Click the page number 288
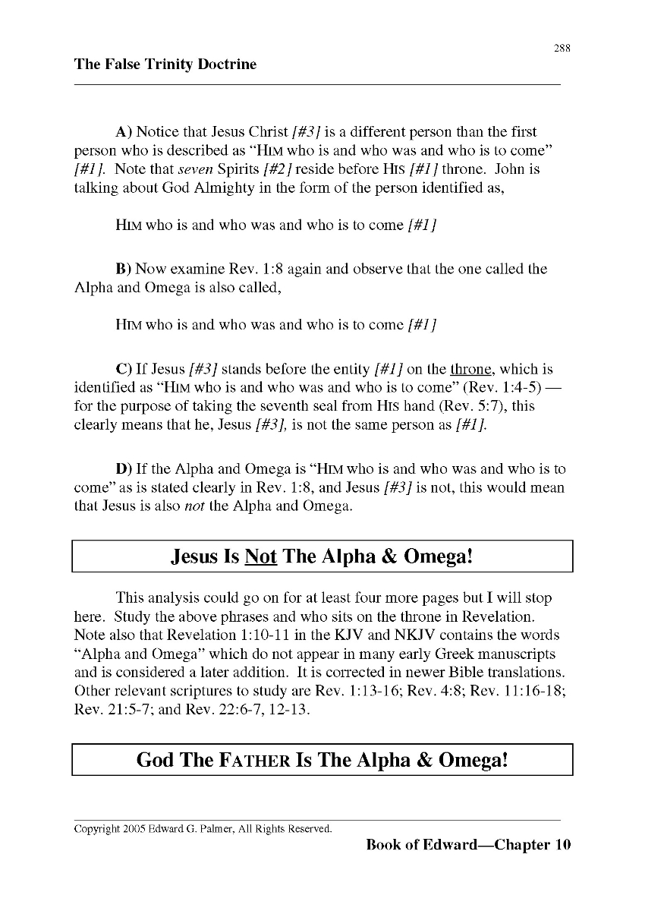pos(562,48)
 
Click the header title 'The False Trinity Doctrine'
pos(165,65)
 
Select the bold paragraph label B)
pos(124,270)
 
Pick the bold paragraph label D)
pos(124,469)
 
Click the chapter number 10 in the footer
pos(562,845)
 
